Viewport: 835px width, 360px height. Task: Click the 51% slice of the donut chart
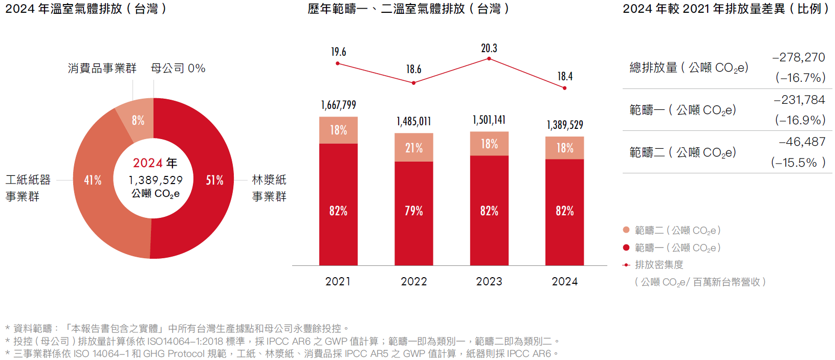pos(215,180)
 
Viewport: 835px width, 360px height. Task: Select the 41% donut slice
pos(93,180)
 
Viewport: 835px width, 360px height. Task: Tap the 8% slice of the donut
pos(137,120)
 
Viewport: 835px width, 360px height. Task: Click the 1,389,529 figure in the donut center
pos(156,180)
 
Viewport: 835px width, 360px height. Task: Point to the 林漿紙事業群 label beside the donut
pos(269,188)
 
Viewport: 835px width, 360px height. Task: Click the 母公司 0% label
pos(178,68)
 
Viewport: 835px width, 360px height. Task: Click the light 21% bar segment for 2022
pos(413,148)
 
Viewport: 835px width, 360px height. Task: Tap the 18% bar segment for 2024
pos(564,148)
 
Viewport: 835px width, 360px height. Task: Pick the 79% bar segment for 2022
pos(413,211)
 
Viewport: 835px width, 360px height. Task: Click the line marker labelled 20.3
pos(489,59)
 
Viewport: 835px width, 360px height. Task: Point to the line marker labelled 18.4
pos(564,88)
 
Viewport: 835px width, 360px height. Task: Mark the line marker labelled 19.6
pos(338,63)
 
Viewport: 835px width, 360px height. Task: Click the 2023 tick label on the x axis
pos(489,281)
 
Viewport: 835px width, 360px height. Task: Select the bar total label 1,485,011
pos(413,122)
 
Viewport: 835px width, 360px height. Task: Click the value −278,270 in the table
pos(799,57)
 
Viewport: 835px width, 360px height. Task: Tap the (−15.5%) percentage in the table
pos(798,163)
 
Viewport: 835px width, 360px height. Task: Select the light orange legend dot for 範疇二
pos(626,230)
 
